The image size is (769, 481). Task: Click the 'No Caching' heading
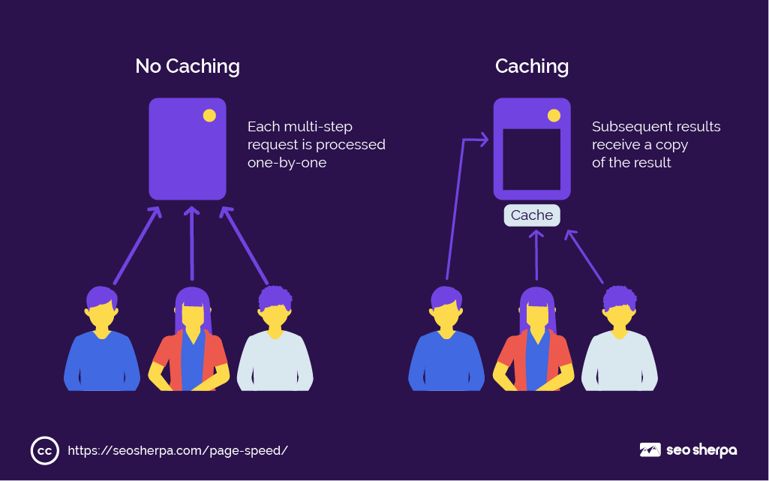pyautogui.click(x=188, y=66)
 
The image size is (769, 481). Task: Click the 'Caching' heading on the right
pyautogui.click(x=531, y=66)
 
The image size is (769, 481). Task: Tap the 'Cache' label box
pyautogui.click(x=532, y=215)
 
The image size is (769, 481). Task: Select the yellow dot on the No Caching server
pyautogui.click(x=209, y=116)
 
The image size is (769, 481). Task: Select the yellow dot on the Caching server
pyautogui.click(x=554, y=116)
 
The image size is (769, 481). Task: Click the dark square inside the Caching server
pyautogui.click(x=531, y=159)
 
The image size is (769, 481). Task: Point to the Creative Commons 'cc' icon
pyautogui.click(x=44, y=450)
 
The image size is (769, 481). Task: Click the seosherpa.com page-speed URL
pyautogui.click(x=178, y=450)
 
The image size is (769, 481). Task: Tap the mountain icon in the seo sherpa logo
pyautogui.click(x=650, y=450)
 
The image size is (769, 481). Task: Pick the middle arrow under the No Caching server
pyautogui.click(x=191, y=244)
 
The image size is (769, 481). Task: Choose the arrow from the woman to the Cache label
pyautogui.click(x=536, y=255)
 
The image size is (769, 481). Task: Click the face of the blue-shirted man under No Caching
pyautogui.click(x=102, y=314)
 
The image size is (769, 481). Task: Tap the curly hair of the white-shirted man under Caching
pyautogui.click(x=620, y=296)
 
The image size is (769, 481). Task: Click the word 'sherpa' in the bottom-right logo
pyautogui.click(x=713, y=450)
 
